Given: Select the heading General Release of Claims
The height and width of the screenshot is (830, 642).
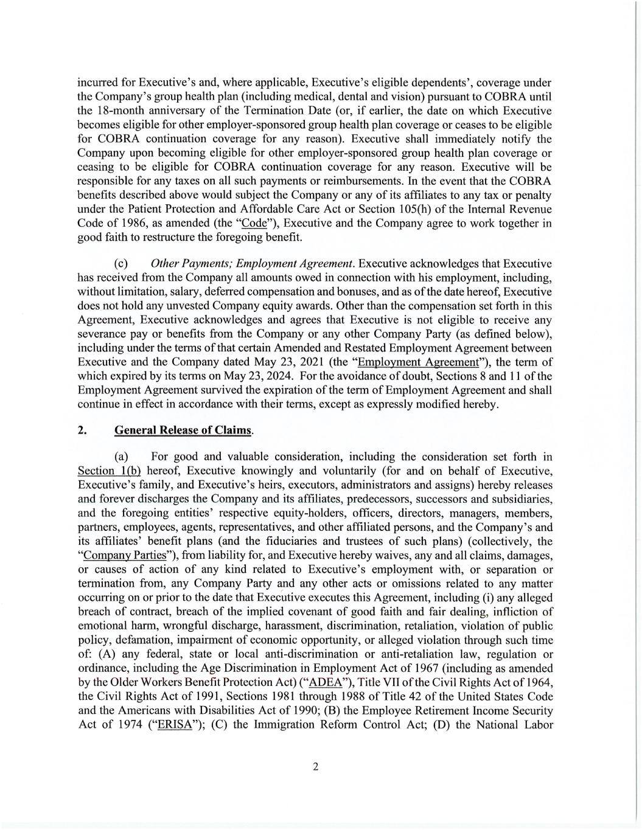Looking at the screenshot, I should pyautogui.click(x=183, y=430).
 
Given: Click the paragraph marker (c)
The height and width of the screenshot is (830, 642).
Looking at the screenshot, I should pyautogui.click(x=121, y=264).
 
